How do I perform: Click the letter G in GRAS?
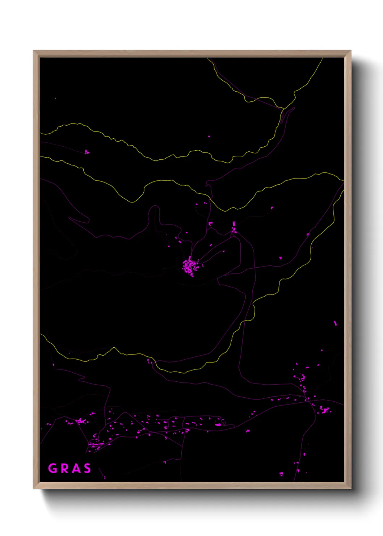point(53,468)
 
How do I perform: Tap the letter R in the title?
point(64,468)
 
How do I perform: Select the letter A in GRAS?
point(75,468)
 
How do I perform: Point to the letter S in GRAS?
point(87,468)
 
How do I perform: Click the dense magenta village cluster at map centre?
point(190,266)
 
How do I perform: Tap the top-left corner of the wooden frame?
point(34,51)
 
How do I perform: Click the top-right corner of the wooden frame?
point(350,51)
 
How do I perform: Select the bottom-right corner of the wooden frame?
point(350,488)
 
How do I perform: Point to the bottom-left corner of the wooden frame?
point(34,488)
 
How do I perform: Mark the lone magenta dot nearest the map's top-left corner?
point(55,98)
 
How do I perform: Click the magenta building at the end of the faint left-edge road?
point(87,152)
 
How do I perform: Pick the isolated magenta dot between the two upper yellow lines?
point(209,137)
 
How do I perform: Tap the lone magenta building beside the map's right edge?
point(335,323)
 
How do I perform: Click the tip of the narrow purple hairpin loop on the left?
point(70,218)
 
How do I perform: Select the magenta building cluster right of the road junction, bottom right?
point(324,410)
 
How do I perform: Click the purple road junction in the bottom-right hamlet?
point(307,400)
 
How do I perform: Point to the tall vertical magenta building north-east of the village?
point(234,224)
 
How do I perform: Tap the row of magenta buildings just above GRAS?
point(96,444)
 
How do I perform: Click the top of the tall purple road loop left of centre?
point(154,206)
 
